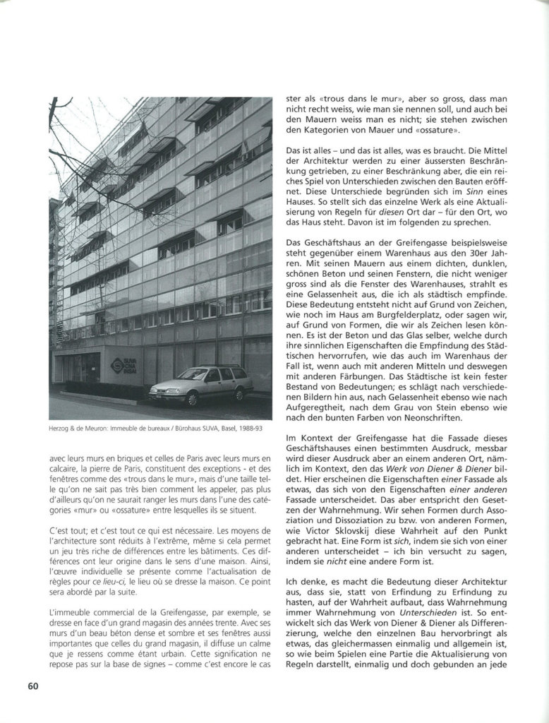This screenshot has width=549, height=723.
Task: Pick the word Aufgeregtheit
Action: (x=318, y=406)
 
